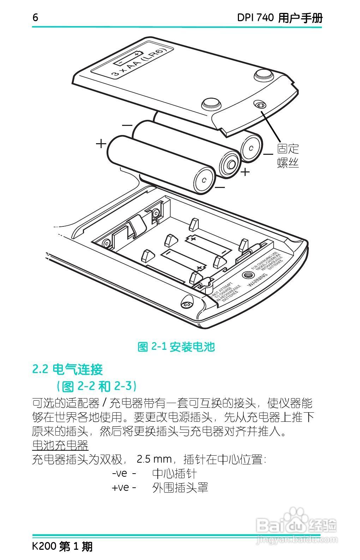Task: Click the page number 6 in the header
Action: tap(35, 17)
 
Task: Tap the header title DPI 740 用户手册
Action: tap(280, 18)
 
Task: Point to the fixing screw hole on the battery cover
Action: tap(260, 105)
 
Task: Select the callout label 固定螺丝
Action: tap(288, 156)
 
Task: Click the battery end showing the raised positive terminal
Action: tap(231, 164)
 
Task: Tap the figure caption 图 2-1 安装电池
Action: tap(176, 347)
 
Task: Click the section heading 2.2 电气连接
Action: tap(67, 369)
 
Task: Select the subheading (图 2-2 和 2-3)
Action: tap(96, 386)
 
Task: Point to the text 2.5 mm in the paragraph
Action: tap(154, 459)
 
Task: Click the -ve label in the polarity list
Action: tap(120, 473)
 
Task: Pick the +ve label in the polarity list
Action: tap(120, 488)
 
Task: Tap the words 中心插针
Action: tap(174, 473)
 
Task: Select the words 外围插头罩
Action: tap(180, 488)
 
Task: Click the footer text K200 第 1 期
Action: tap(62, 547)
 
